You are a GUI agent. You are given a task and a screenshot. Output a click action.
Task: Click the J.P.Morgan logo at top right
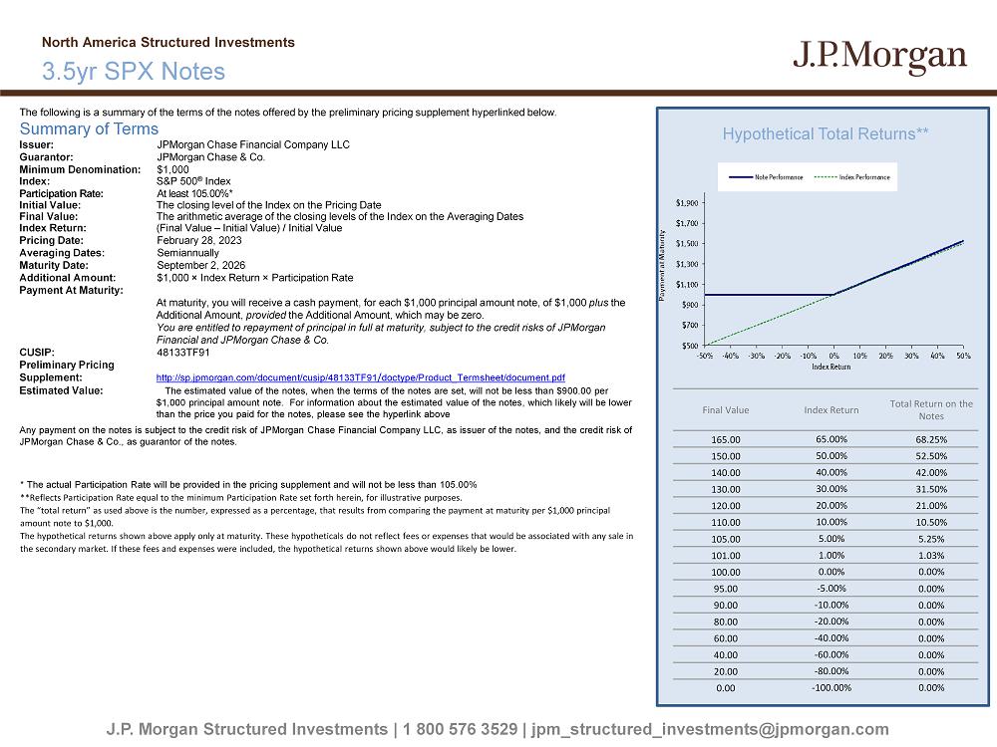pyautogui.click(x=879, y=57)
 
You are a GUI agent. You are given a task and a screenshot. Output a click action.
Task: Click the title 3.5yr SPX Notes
pyautogui.click(x=134, y=72)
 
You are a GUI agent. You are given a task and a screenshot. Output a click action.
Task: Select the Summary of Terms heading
pyautogui.click(x=89, y=128)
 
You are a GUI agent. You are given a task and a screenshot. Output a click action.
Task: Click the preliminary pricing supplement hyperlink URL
pyautogui.click(x=361, y=378)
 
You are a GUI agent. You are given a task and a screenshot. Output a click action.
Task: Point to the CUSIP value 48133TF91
pyautogui.click(x=183, y=353)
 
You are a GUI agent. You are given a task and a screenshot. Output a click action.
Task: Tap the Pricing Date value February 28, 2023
pyautogui.click(x=199, y=241)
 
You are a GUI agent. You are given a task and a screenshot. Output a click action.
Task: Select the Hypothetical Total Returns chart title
pyautogui.click(x=826, y=133)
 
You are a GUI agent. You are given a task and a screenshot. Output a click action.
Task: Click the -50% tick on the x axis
pyautogui.click(x=705, y=356)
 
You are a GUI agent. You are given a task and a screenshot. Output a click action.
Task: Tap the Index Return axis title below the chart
pyautogui.click(x=831, y=367)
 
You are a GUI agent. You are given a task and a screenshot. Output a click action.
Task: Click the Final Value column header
pyautogui.click(x=725, y=410)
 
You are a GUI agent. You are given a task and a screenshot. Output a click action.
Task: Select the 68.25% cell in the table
pyautogui.click(x=930, y=439)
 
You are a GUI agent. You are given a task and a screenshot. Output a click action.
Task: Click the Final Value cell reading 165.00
pyautogui.click(x=725, y=439)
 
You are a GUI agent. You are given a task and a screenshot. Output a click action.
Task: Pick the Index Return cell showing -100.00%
pyautogui.click(x=831, y=687)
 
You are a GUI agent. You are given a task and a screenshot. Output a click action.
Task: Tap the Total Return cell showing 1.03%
pyautogui.click(x=930, y=555)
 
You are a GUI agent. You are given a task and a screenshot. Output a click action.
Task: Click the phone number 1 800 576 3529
pyautogui.click(x=460, y=730)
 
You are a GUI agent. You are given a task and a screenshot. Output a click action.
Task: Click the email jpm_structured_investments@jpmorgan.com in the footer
pyautogui.click(x=711, y=730)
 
